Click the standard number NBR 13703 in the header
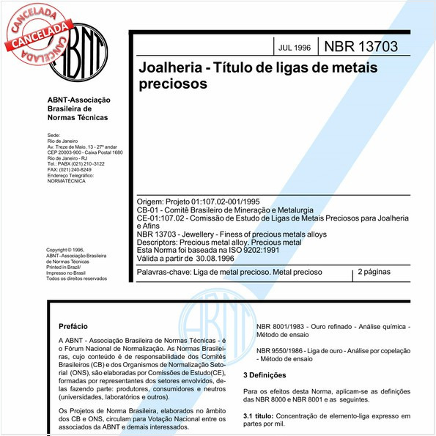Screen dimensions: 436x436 361,47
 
